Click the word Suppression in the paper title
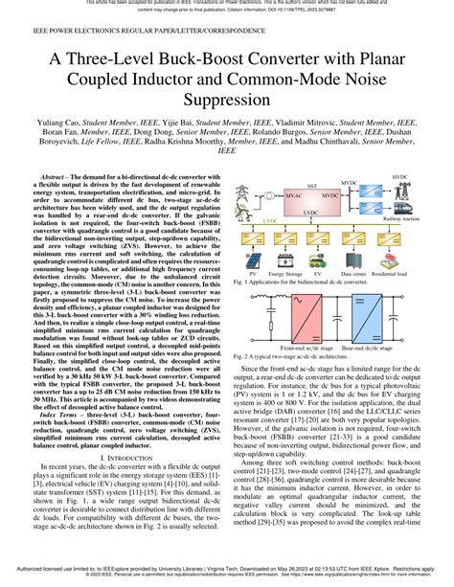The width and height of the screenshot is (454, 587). click(x=226, y=98)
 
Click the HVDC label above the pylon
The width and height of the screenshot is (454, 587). click(x=399, y=177)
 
